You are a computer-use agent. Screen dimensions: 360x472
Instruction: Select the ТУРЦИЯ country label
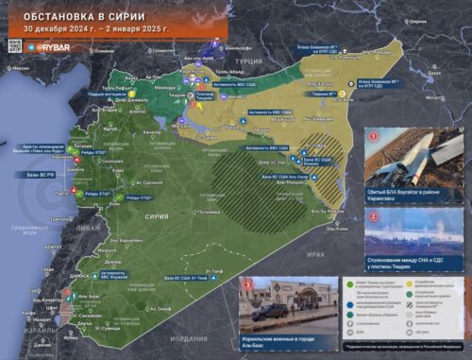[248, 59]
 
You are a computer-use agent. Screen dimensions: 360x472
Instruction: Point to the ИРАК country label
[316, 254]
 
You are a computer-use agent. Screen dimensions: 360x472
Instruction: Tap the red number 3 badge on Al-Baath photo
[248, 283]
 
